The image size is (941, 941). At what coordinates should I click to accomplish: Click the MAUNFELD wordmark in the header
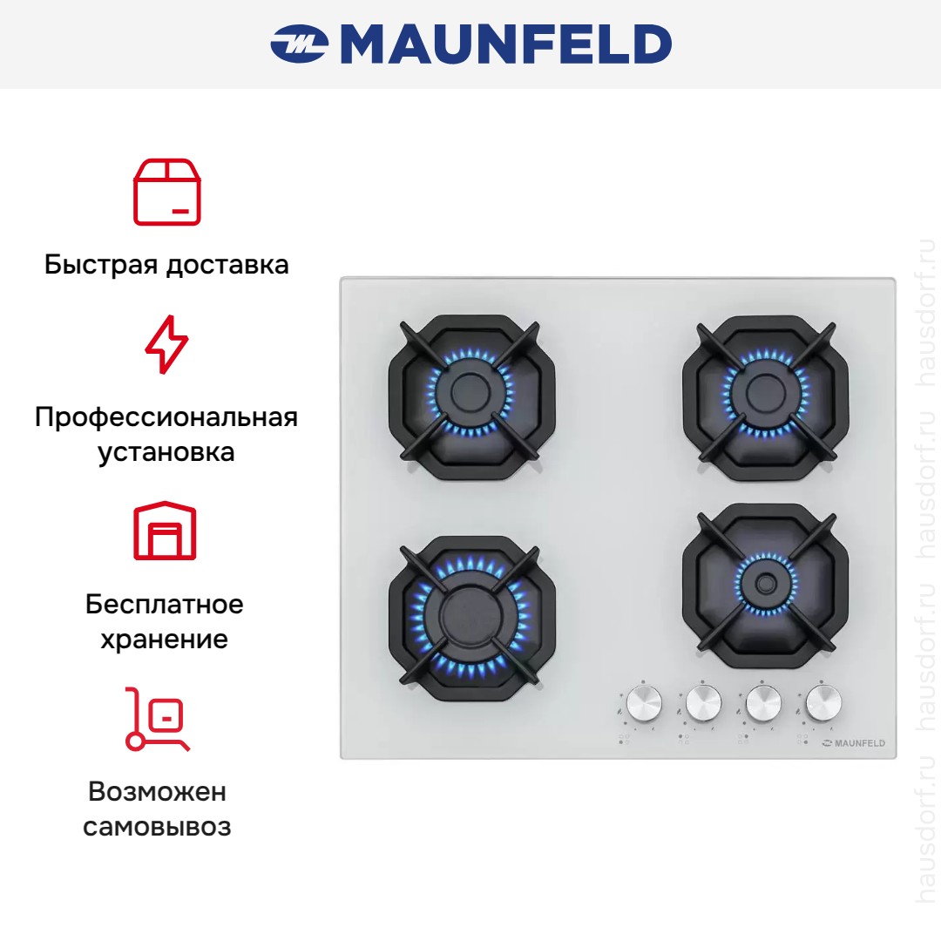[506, 44]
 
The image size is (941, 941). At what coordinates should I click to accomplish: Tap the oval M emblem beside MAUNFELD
[299, 44]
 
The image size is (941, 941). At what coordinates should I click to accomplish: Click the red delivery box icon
[166, 192]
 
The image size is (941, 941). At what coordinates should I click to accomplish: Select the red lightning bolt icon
[166, 344]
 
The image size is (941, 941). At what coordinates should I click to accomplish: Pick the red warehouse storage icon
[165, 531]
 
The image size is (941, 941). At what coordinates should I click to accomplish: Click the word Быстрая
[101, 265]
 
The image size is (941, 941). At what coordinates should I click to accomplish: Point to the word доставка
[227, 265]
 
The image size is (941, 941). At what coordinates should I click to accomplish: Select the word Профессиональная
[166, 417]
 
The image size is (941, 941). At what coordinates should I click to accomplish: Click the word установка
[166, 452]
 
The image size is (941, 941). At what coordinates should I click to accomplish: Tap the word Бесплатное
[165, 605]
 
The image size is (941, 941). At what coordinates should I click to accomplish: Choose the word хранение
[165, 640]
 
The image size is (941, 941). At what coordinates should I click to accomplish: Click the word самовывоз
[157, 827]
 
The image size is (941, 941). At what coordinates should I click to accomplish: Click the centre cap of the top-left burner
[471, 393]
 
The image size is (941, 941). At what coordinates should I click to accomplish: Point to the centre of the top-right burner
[766, 393]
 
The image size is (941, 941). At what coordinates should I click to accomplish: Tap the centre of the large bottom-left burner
[470, 617]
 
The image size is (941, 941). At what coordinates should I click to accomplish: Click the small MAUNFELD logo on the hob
[853, 743]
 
